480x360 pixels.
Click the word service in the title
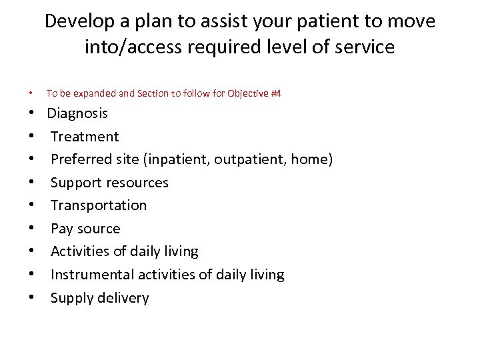pos(363,47)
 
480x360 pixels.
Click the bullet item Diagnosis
pos(77,113)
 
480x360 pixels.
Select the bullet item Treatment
pos(85,137)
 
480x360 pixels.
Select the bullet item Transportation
pos(99,205)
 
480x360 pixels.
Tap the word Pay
pos(61,229)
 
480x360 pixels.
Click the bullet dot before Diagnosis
pos(32,114)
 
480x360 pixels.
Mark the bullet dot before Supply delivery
pos(32,298)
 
